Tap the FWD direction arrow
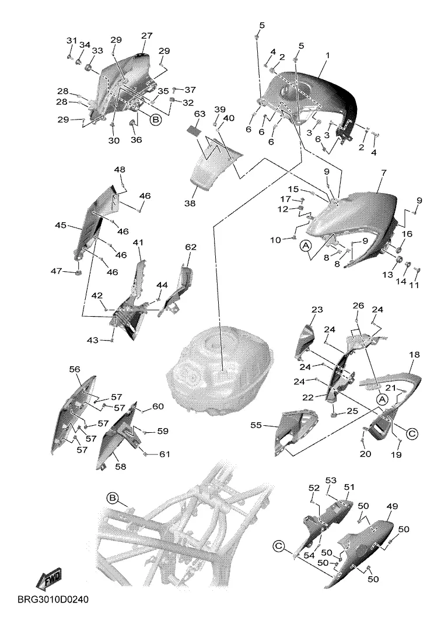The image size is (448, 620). click(50, 579)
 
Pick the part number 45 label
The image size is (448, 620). click(61, 225)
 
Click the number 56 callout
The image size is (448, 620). click(75, 369)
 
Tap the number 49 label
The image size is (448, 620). click(392, 506)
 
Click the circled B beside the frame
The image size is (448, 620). click(113, 498)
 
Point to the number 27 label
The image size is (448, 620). click(146, 36)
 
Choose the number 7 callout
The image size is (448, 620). click(383, 173)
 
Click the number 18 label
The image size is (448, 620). click(414, 354)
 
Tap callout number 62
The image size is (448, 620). click(190, 247)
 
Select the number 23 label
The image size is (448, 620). click(317, 309)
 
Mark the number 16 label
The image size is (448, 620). click(407, 234)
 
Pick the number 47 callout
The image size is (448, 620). click(57, 271)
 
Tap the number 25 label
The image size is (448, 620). click(352, 411)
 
